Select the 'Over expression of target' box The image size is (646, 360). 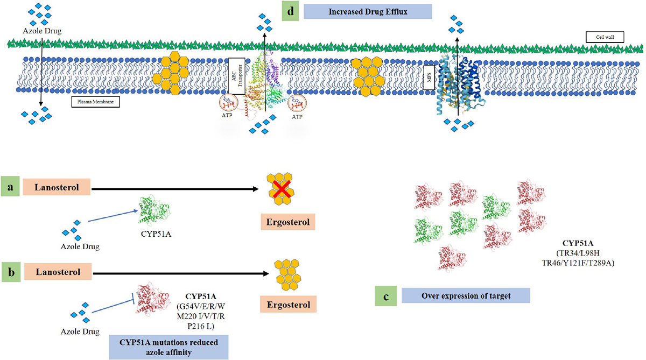tap(465, 295)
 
